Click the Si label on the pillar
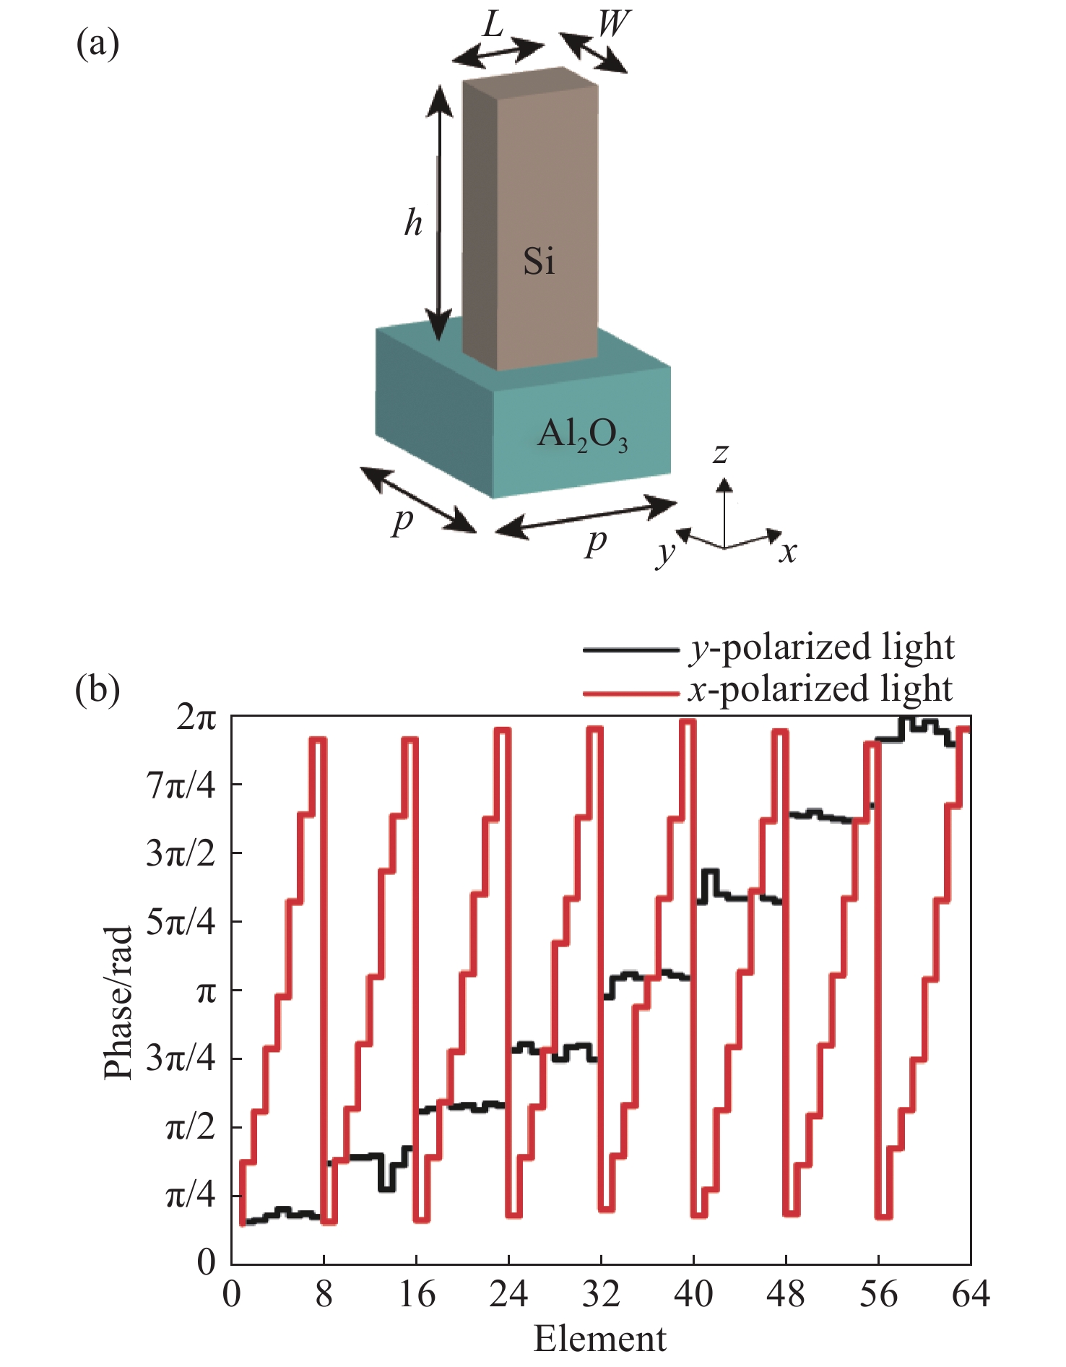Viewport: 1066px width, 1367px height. tap(539, 261)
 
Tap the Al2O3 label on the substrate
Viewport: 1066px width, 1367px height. tap(582, 436)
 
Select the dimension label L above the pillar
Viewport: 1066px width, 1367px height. tap(493, 25)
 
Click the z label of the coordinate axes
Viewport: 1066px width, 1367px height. tap(720, 454)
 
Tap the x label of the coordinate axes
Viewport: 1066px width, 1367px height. tap(788, 553)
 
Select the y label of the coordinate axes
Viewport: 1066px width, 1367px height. tap(665, 553)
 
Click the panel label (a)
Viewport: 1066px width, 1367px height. tap(97, 44)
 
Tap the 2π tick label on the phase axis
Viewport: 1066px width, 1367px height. tap(196, 717)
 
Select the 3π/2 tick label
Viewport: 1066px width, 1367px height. tap(181, 854)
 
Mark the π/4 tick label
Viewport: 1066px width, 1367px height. tap(191, 1196)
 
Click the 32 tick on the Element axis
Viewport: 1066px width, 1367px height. tap(601, 1294)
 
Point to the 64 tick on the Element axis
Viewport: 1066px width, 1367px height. tap(970, 1294)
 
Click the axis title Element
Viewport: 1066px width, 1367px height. tap(600, 1339)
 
